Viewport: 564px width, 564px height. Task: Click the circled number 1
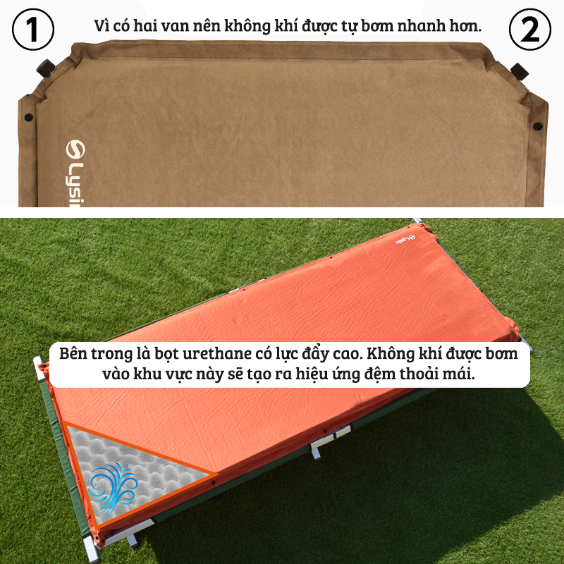click(x=33, y=30)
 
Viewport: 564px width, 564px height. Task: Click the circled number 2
click(x=530, y=30)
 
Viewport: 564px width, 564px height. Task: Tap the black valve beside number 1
click(x=46, y=68)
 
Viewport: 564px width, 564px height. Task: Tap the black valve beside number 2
click(x=520, y=72)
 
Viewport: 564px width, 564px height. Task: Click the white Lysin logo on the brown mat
click(x=75, y=173)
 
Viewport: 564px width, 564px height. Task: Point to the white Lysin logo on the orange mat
click(x=405, y=240)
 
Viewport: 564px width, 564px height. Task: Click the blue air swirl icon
click(x=113, y=487)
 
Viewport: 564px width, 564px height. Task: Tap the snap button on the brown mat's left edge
click(x=28, y=117)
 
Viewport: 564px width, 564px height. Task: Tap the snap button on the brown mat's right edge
click(x=538, y=126)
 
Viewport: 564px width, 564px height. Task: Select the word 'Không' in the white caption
click(x=391, y=354)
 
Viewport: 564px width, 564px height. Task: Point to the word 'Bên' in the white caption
click(x=73, y=353)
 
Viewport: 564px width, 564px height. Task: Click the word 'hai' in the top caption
click(x=145, y=26)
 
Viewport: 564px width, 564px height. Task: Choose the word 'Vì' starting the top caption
click(x=102, y=26)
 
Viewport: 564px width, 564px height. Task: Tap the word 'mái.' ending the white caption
click(x=458, y=374)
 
